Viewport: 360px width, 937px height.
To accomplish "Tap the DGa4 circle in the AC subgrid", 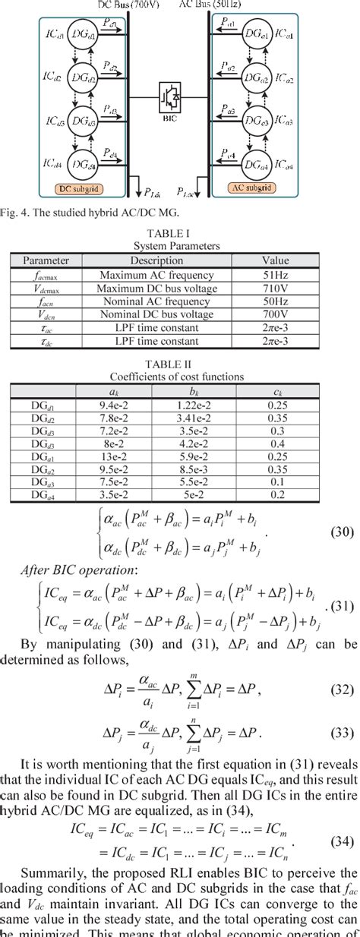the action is coord(254,164).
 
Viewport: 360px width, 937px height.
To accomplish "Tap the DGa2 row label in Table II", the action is coord(43,469).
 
